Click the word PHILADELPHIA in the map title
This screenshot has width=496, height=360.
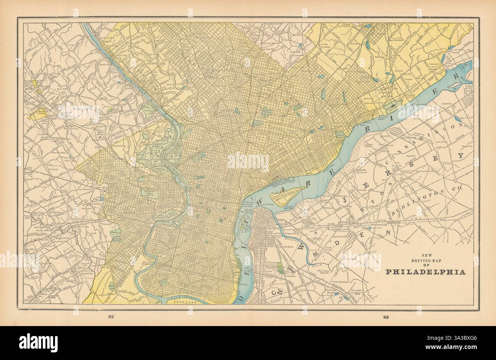coord(425,272)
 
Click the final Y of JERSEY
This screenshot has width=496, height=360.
coord(461,156)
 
